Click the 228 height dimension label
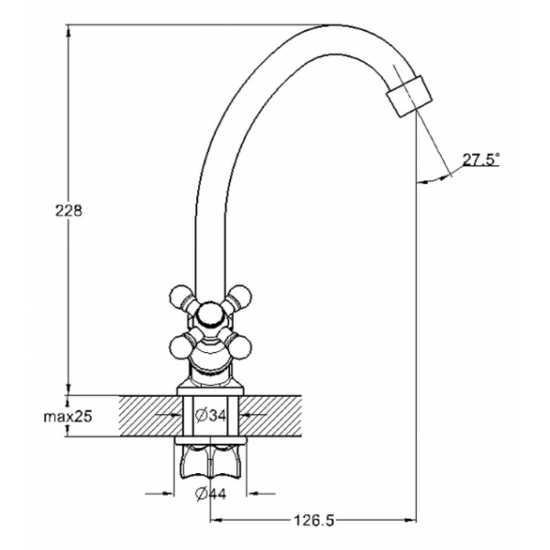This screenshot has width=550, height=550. coord(69,211)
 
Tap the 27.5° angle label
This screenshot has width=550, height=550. coord(480,159)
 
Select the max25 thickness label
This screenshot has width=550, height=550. coord(68,417)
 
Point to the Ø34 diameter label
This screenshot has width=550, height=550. coord(211,416)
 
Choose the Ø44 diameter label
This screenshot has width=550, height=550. coord(211,494)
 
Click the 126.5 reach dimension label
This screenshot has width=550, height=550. coord(313,521)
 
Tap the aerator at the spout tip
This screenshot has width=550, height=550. coord(409,95)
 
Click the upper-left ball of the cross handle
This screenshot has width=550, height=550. coord(181,297)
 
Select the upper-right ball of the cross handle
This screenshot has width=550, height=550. coord(240,297)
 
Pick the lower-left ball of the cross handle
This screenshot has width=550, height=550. coord(181,346)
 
